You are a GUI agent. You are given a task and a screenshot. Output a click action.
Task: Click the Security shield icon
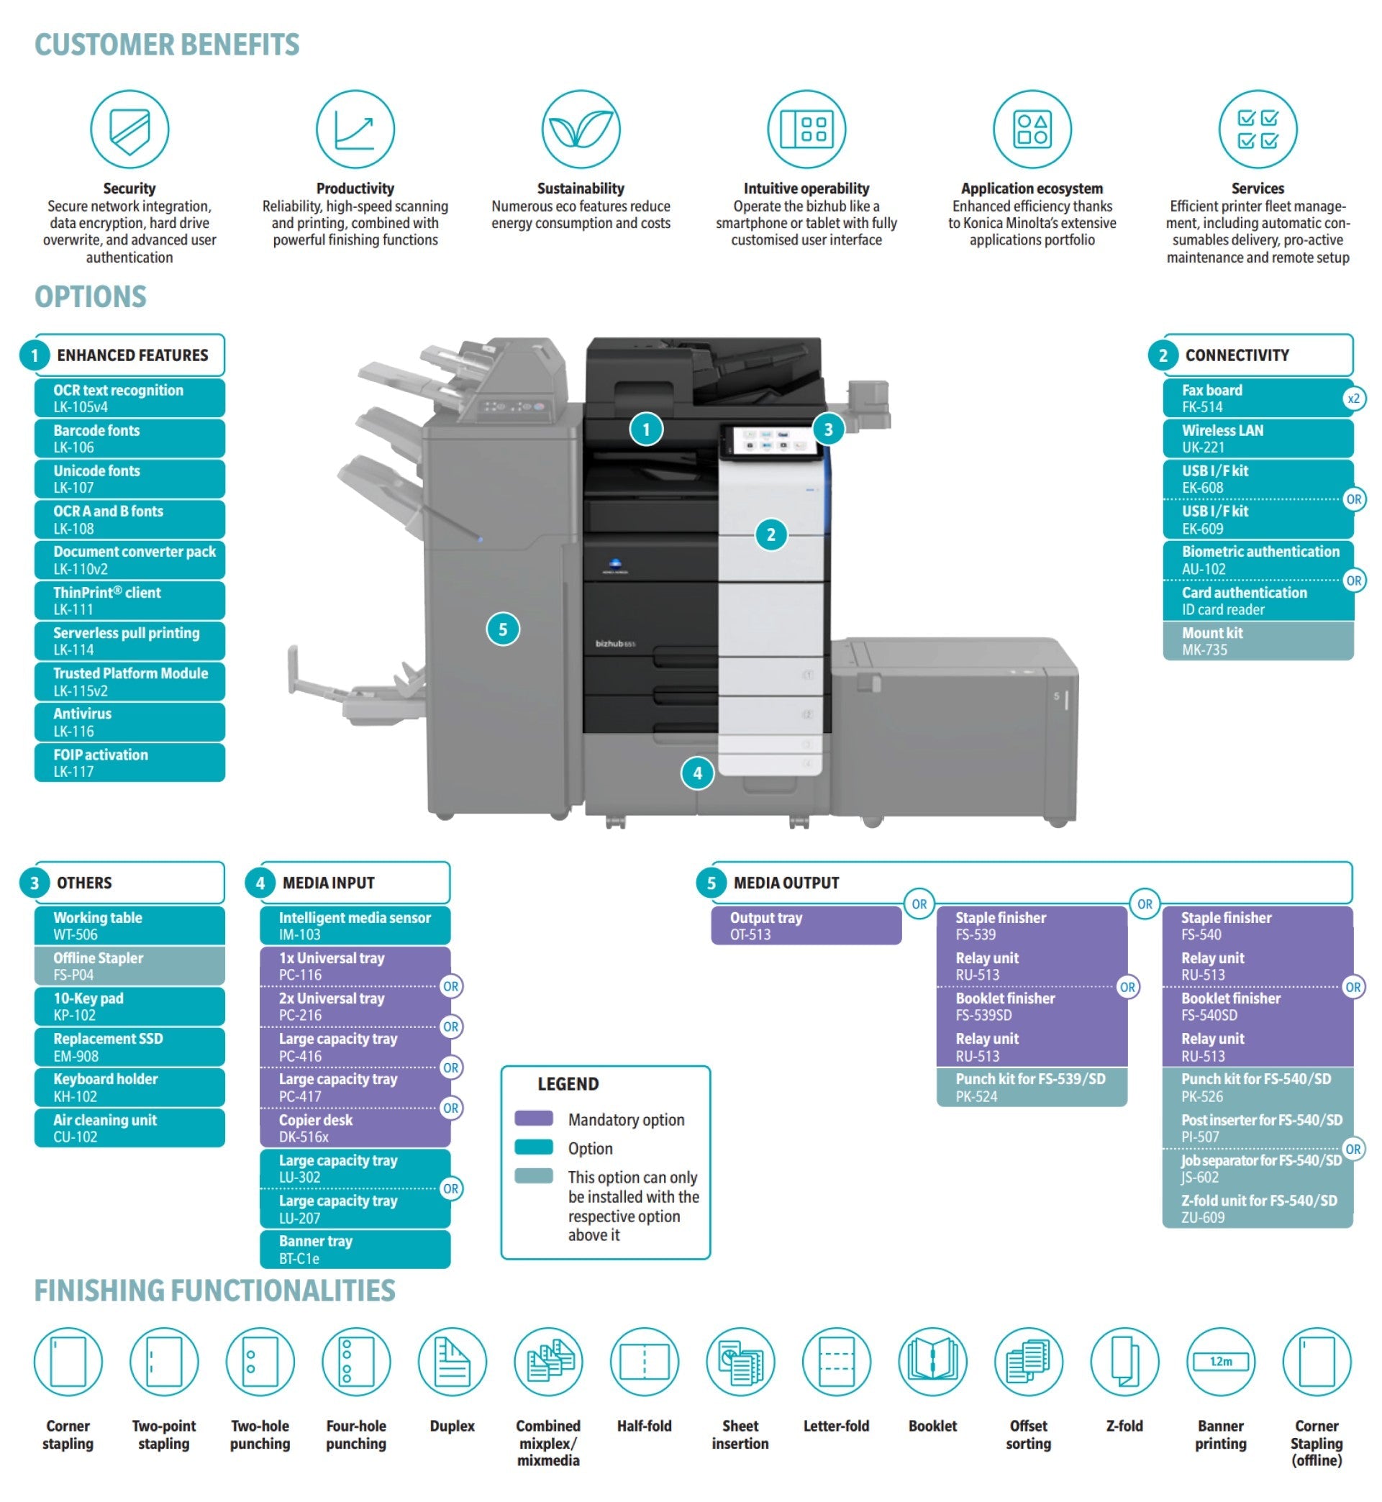[129, 129]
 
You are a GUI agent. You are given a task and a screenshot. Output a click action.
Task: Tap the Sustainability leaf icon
[581, 129]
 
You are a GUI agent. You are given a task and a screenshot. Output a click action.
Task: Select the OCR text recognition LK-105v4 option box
[129, 398]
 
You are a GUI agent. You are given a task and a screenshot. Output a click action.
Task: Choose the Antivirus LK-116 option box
[129, 722]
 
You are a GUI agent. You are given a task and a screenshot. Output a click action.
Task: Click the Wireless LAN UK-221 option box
[1257, 438]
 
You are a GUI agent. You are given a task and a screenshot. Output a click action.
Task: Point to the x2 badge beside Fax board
[1353, 399]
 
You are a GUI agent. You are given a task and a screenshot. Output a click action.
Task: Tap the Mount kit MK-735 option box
[1257, 641]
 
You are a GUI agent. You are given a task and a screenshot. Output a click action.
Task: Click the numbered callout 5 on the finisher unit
[503, 629]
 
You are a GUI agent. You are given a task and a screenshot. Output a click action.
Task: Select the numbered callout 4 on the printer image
[697, 773]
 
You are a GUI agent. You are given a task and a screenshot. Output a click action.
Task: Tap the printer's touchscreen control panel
[766, 440]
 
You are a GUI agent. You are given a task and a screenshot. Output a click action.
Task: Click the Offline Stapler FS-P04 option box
[129, 966]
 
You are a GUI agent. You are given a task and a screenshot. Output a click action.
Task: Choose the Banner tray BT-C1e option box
[355, 1250]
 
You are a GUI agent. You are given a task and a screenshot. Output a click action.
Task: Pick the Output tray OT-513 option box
[806, 926]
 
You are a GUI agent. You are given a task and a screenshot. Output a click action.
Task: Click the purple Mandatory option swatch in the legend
[533, 1119]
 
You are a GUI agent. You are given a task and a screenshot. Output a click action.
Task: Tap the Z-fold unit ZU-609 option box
[1257, 1209]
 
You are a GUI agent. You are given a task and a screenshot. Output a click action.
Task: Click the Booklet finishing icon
[932, 1361]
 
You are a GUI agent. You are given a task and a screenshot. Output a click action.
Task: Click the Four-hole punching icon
[356, 1361]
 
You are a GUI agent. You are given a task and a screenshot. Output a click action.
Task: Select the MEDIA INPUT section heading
[328, 883]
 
